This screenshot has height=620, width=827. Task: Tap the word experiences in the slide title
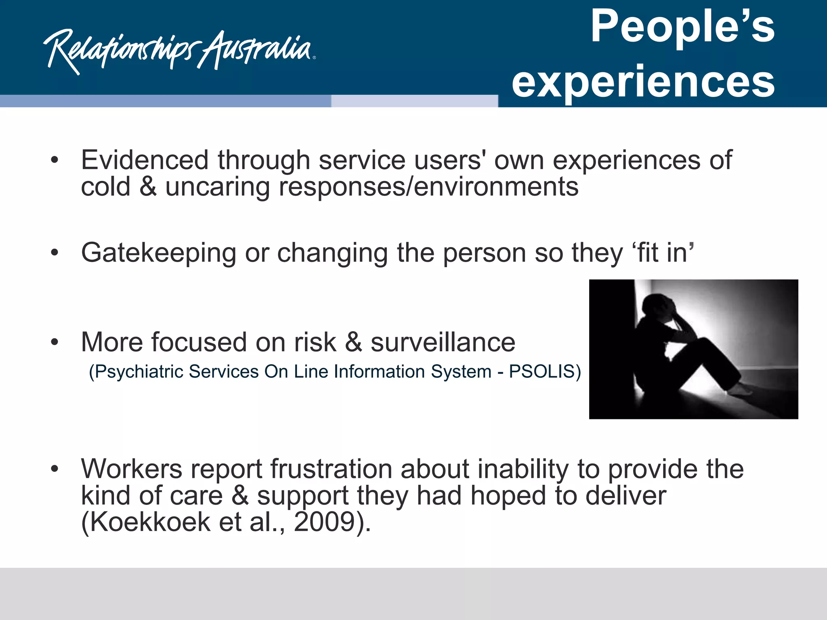click(643, 82)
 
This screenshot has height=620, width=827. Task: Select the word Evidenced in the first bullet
click(145, 160)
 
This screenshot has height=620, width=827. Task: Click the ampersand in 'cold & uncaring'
click(148, 186)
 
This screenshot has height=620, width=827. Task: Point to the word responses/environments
click(428, 186)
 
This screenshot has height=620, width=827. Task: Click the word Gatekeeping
click(158, 253)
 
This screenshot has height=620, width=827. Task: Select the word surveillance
click(443, 342)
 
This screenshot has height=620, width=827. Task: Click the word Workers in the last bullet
click(132, 469)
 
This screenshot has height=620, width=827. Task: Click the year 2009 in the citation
click(324, 522)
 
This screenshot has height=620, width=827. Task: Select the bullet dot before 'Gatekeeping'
click(55, 253)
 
